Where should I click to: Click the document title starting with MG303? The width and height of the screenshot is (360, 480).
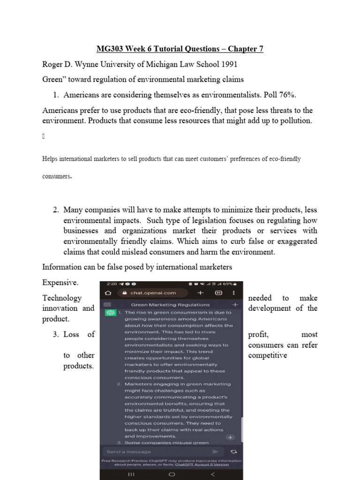[x=180, y=49]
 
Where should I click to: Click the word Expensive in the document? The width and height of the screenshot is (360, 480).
[x=60, y=283]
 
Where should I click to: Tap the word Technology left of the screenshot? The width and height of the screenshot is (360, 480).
[x=62, y=298]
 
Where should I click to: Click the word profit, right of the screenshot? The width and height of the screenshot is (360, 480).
[x=258, y=334]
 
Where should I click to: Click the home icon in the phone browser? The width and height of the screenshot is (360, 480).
[x=108, y=293]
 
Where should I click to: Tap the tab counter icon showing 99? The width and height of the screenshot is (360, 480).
[x=218, y=293]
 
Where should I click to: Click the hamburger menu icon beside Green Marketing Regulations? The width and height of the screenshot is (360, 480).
[x=107, y=304]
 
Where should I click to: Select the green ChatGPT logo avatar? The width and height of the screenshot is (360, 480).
[x=111, y=313]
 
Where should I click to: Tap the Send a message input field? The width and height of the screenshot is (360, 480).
[x=155, y=451]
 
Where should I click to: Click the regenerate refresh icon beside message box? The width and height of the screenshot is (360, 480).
[x=233, y=451]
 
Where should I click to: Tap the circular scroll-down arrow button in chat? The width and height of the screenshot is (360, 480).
[x=230, y=437]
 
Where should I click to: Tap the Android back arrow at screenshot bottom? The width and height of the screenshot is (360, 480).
[x=213, y=474]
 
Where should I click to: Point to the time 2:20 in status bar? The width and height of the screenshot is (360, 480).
[x=112, y=284]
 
